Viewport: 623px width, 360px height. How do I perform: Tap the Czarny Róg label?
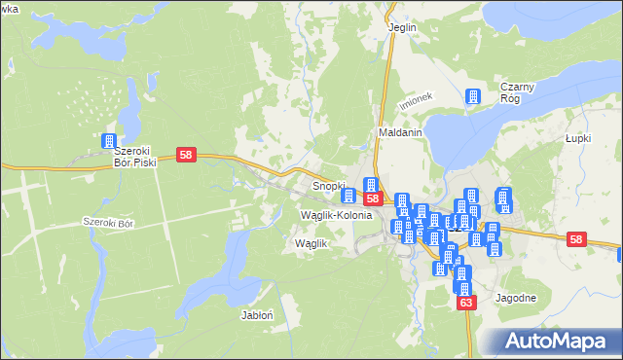coord(519,92)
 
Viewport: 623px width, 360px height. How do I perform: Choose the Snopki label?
coord(329,184)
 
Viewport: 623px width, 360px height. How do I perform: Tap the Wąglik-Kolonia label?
coord(337,214)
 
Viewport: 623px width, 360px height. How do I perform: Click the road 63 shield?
coord(466,304)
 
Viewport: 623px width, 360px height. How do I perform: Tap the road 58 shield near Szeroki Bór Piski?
coord(188,155)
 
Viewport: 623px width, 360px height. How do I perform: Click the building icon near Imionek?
coord(473,96)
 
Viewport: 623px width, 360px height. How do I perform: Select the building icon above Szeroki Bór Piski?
coord(108,142)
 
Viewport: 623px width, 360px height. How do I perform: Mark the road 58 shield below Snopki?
coord(373,198)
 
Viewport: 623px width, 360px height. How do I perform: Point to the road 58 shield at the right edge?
coord(576,239)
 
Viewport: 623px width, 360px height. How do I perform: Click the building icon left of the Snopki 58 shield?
coord(349,197)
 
